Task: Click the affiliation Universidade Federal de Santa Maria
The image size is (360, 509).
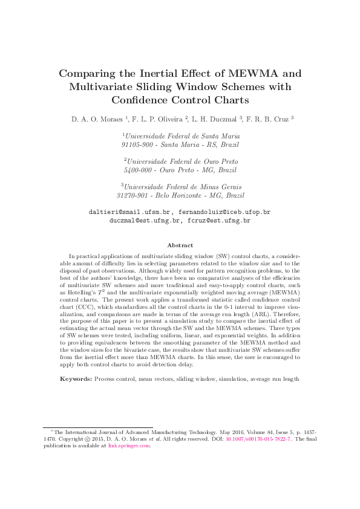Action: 182,137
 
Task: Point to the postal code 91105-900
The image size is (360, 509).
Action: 137,145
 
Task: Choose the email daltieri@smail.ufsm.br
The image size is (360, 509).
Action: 131,213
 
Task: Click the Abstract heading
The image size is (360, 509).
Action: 180,245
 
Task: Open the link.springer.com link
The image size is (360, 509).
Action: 128,446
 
